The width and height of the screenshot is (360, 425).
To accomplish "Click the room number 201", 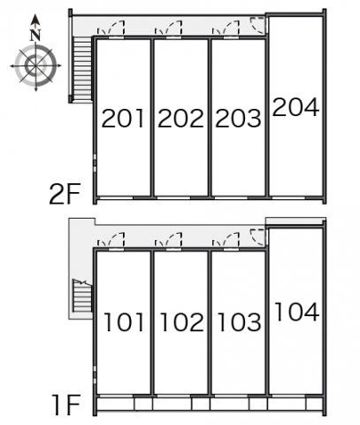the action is (x=123, y=119).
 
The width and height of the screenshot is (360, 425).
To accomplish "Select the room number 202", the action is (x=180, y=119).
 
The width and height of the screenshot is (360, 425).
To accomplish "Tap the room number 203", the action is (x=238, y=119).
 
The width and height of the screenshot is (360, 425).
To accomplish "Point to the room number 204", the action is (x=295, y=106).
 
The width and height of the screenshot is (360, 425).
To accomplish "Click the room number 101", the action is (x=124, y=322).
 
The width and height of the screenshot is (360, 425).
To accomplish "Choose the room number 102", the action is (x=181, y=322).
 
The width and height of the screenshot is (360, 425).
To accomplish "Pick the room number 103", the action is (x=239, y=322).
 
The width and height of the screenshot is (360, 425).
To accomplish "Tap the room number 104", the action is (x=296, y=312).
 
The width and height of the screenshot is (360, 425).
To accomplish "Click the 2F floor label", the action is (x=65, y=194).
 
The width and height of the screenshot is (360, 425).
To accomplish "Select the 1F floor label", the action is (x=66, y=406).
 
